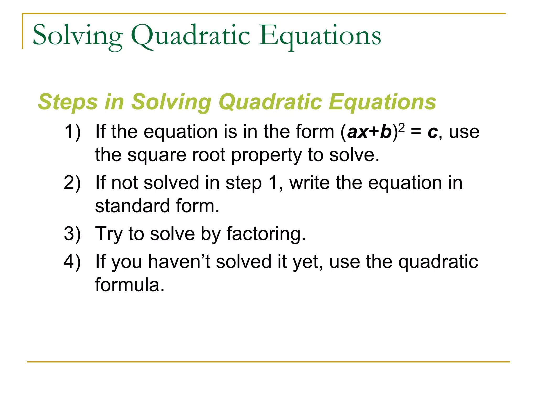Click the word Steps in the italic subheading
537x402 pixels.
[x=68, y=102]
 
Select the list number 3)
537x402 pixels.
[x=72, y=234]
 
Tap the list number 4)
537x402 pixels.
[x=72, y=261]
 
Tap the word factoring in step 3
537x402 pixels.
[x=266, y=234]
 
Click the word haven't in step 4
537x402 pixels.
[x=179, y=261]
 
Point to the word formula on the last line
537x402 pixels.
[x=130, y=285]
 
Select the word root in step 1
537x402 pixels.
[x=209, y=155]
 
